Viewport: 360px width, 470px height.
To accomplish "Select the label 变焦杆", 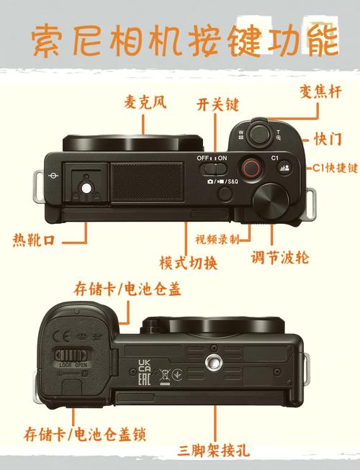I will pyautogui.click(x=319, y=92).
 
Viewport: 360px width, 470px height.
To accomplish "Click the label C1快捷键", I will pyautogui.click(x=334, y=168).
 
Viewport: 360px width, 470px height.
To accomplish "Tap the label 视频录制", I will pyautogui.click(x=216, y=239).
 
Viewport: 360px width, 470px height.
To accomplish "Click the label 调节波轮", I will pyautogui.click(x=280, y=257).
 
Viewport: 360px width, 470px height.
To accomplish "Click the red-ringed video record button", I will pyautogui.click(x=250, y=168).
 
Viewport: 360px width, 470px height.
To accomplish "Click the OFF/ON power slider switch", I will pyautogui.click(x=212, y=168).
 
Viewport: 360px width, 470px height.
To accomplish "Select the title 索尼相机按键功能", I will pyautogui.click(x=184, y=41).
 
